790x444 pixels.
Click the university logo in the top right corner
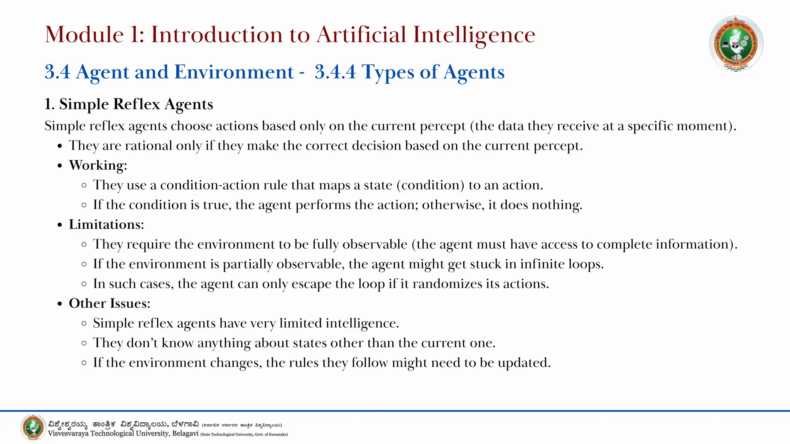click(736, 44)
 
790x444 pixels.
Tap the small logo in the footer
click(33, 427)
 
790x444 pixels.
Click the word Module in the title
click(84, 34)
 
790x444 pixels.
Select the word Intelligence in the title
click(474, 34)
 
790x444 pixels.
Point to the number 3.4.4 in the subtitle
click(335, 72)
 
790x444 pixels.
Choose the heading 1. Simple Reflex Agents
click(129, 104)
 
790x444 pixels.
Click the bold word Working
click(98, 165)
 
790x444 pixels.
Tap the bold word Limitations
click(106, 224)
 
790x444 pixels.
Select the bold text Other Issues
click(109, 303)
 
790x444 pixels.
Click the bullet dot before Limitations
click(59, 225)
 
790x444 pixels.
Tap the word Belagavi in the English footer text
click(185, 434)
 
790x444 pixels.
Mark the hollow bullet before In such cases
click(84, 284)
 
